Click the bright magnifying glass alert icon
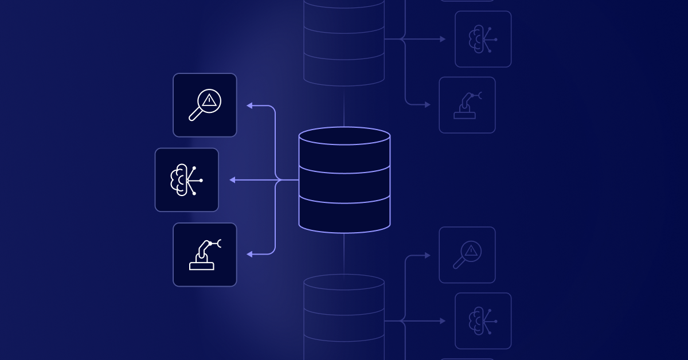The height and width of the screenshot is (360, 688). (205, 105)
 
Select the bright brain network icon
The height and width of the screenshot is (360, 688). (186, 180)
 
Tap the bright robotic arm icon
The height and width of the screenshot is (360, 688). (205, 255)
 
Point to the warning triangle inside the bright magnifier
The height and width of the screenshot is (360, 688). (209, 100)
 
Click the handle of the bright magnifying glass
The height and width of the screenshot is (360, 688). (195, 115)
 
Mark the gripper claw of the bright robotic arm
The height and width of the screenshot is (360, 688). (220, 244)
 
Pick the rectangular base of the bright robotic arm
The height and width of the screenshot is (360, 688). (201, 265)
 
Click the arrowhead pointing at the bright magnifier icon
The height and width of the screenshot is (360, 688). (249, 105)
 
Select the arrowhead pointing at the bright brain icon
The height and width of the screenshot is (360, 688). (232, 180)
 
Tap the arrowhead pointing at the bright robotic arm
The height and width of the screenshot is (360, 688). (249, 254)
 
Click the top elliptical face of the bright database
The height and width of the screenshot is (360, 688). (345, 136)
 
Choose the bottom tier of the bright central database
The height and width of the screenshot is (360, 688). (345, 216)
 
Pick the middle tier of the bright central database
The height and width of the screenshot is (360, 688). (345, 184)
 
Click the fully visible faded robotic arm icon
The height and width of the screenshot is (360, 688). (467, 105)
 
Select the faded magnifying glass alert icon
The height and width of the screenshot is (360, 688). (467, 255)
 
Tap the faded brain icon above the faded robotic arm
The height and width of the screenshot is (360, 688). (483, 39)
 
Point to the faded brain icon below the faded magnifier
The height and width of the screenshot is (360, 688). (483, 321)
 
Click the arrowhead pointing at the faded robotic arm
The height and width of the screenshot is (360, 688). (427, 105)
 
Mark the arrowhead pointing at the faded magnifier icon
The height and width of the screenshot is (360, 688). (427, 255)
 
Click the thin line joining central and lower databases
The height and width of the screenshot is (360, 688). (344, 252)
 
